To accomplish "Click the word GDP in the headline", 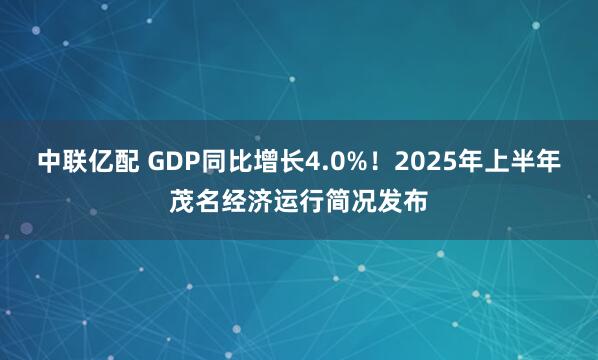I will point(172,160).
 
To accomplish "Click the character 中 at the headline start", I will point(50,160).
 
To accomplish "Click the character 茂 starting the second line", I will point(182,202).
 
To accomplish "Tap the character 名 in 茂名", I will point(208,202).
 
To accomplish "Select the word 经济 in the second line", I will point(247,202).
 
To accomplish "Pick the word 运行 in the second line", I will point(299,202).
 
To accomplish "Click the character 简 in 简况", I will point(338,202).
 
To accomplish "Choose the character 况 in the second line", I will point(364,202).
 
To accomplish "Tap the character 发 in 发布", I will point(390,202).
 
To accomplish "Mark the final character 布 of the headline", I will point(416,202).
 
